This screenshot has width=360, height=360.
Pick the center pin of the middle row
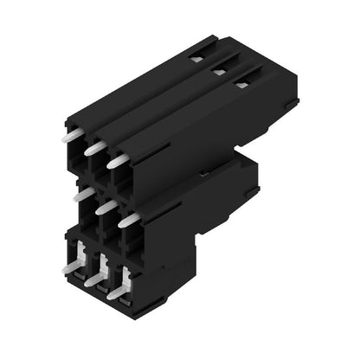[x=105, y=208]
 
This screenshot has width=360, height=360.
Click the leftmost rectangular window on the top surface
[x=197, y=59]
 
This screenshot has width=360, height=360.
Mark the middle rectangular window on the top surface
[x=220, y=72]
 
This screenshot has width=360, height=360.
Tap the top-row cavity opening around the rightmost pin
[x=121, y=173]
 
